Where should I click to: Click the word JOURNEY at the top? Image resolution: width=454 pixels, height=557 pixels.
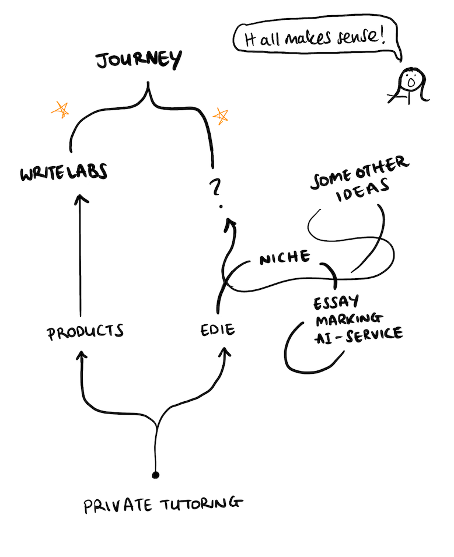point(138,60)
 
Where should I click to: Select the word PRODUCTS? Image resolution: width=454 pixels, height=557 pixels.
point(86,332)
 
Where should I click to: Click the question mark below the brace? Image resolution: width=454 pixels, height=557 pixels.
point(215,187)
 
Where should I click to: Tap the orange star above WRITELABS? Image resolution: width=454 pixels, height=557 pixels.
point(60,108)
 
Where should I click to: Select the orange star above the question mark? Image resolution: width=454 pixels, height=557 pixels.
point(221,116)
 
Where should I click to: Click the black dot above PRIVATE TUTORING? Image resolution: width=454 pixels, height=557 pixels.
point(155,475)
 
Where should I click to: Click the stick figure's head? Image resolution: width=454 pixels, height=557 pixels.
point(411,80)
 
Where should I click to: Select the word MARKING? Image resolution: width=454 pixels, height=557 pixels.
point(349,319)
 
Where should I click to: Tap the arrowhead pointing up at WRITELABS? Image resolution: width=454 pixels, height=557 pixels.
point(81,201)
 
